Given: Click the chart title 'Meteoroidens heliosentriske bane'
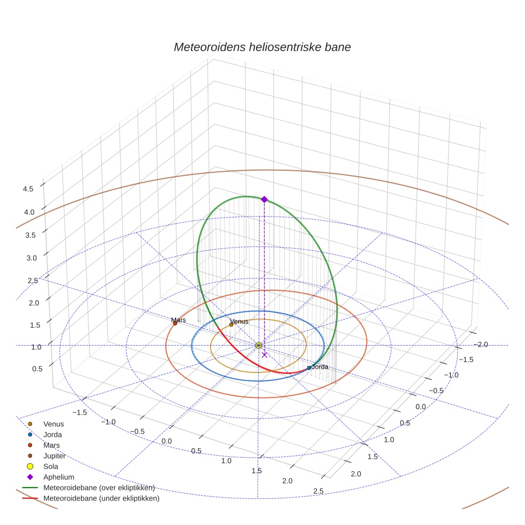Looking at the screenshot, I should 262,47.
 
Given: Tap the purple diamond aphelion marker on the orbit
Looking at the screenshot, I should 264,199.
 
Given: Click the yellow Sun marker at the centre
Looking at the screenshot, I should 259,346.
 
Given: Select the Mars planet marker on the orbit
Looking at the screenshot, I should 175,323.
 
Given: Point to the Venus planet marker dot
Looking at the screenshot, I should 231,324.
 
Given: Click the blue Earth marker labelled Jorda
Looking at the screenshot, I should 309,368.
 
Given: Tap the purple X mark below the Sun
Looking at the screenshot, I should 265,355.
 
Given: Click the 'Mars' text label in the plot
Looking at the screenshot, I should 179,320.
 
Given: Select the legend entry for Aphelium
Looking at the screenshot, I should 58,477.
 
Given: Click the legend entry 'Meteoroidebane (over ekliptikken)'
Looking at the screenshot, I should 99,488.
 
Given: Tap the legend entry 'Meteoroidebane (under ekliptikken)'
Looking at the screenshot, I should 101,498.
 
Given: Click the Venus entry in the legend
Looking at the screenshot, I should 53,424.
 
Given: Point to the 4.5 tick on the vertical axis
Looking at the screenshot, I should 28,188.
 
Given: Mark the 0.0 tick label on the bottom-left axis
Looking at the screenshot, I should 166,441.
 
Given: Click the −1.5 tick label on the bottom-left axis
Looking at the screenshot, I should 79,412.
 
